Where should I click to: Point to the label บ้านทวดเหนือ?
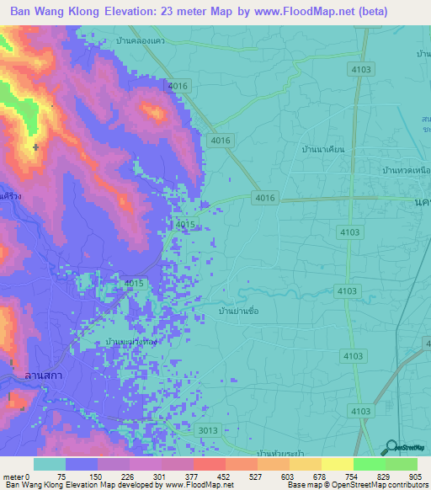point(407,170)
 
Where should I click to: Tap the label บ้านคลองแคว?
point(142,40)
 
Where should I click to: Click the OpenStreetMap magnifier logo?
point(391,448)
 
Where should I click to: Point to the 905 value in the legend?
point(417,477)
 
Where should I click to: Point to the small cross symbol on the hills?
point(35,147)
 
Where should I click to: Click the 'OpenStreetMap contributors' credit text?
point(384,485)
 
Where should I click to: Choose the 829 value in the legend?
point(385,477)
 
